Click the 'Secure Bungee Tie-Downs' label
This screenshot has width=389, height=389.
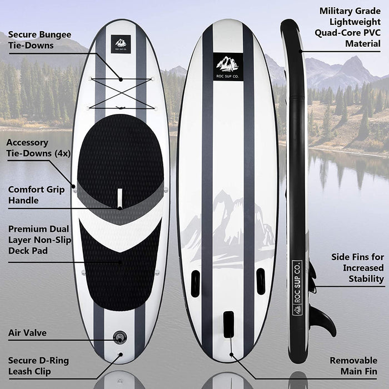39,40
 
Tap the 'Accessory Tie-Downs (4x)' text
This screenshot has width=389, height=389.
38,148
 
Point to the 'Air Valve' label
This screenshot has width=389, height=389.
27,333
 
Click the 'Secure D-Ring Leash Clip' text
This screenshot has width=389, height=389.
38,366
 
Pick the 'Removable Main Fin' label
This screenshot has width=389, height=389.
353,366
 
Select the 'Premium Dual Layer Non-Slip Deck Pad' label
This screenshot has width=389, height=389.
38,240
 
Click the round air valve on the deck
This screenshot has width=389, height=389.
120,336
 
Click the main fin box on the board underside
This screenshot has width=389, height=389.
228,325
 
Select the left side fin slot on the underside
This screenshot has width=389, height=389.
196,282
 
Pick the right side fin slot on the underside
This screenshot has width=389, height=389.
261,281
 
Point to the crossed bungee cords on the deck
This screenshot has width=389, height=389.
121,89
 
